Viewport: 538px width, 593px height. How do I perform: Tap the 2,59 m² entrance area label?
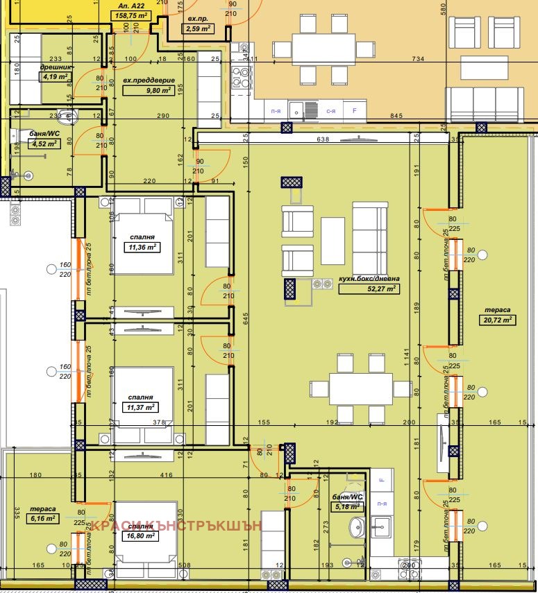pyautogui.click(x=197, y=29)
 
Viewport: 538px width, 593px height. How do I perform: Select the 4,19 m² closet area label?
pyautogui.click(x=56, y=77)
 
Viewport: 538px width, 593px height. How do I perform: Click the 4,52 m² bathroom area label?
pyautogui.click(x=43, y=144)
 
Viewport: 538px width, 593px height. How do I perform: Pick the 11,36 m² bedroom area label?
pyautogui.click(x=141, y=246)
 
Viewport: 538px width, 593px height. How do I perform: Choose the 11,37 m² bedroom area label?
pyautogui.click(x=141, y=408)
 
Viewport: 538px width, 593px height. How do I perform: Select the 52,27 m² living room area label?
pyautogui.click(x=369, y=289)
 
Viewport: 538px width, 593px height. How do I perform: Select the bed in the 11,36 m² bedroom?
pyautogui.click(x=141, y=236)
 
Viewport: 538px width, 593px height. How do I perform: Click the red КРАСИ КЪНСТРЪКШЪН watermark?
pyautogui.click(x=177, y=525)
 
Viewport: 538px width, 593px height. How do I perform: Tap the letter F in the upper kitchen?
pyautogui.click(x=355, y=110)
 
